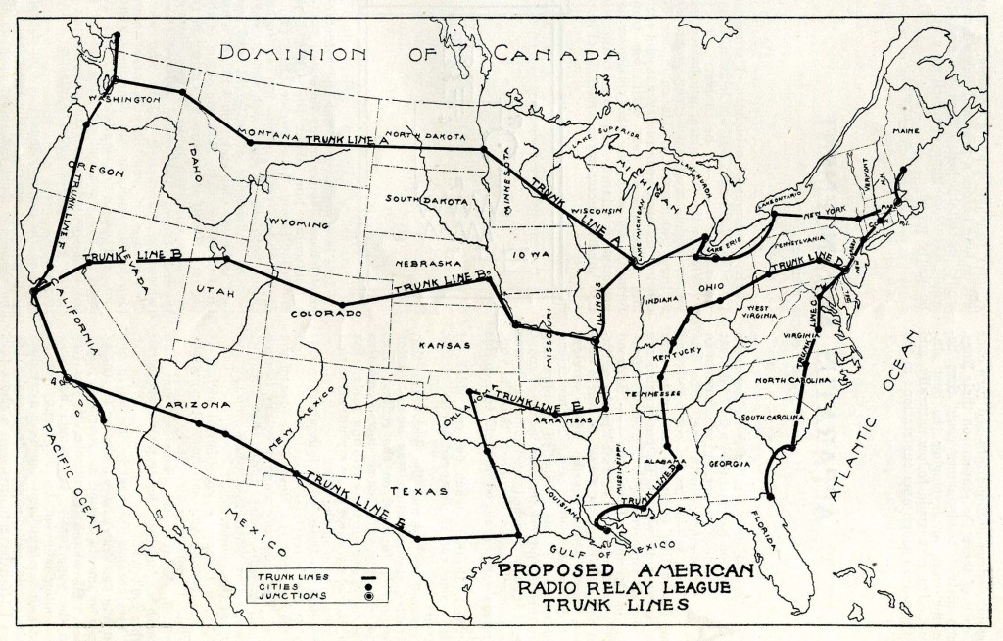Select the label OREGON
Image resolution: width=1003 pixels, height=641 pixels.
101,172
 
